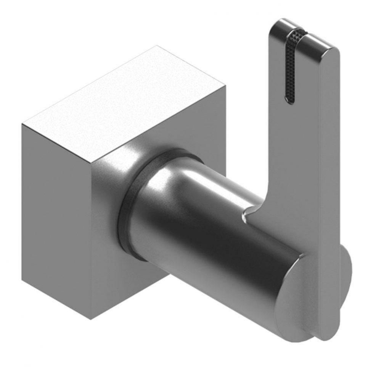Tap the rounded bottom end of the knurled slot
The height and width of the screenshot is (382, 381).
[290, 100]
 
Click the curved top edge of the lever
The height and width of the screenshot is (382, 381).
[305, 29]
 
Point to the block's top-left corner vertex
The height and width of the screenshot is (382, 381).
[22, 125]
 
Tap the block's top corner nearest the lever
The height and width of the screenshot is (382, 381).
[225, 86]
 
